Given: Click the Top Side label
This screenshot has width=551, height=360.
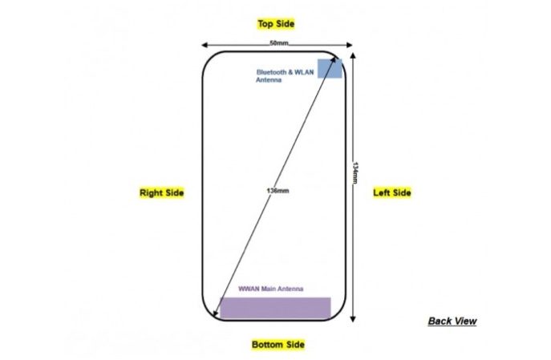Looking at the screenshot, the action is [x=276, y=24].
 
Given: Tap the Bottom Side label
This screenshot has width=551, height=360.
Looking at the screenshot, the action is [x=278, y=345].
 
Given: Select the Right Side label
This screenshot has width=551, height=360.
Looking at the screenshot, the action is [x=162, y=192].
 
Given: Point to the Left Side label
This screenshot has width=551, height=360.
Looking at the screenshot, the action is [x=392, y=192].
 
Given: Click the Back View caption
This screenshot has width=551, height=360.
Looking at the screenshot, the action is [x=452, y=321].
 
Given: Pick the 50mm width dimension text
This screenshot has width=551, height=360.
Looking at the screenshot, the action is [x=279, y=43].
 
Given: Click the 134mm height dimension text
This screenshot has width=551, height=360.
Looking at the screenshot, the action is [x=355, y=173].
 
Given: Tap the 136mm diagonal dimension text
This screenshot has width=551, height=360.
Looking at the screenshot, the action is [x=278, y=191].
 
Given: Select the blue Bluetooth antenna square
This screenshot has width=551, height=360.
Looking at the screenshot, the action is [x=330, y=68].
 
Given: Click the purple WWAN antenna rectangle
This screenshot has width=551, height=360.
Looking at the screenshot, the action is [x=275, y=308].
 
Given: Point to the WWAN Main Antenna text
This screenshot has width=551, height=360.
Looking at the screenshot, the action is [x=270, y=289].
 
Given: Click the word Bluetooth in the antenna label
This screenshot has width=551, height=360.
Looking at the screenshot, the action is [x=271, y=72].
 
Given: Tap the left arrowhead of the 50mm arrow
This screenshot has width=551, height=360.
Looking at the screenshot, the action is [x=204, y=45].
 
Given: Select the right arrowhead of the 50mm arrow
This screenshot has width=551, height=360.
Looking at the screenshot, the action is [x=350, y=45].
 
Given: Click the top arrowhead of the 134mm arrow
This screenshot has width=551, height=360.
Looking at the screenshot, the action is [x=353, y=55].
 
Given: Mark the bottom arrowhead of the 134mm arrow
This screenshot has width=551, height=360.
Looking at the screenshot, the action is [x=353, y=320].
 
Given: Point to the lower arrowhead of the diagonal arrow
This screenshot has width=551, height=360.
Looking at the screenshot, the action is [x=215, y=313].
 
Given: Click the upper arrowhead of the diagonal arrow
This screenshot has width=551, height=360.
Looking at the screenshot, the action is [x=334, y=59].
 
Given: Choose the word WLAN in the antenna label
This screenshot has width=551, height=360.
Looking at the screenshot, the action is [x=304, y=72].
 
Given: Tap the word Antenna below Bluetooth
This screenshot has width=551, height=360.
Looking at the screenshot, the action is [x=269, y=80].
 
